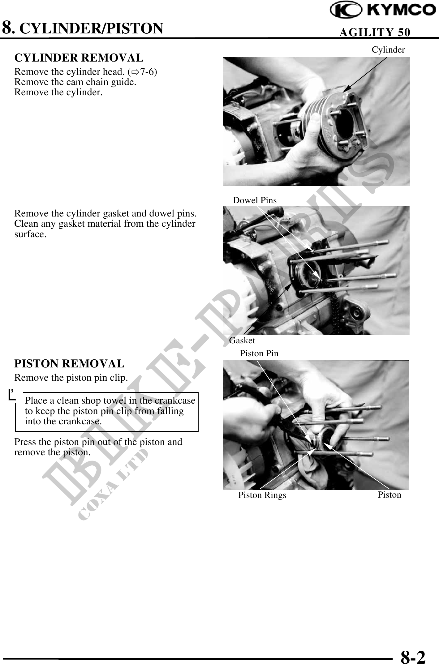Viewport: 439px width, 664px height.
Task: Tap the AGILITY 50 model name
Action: pyautogui.click(x=375, y=32)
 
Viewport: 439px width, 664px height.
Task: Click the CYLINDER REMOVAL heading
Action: pyautogui.click(x=79, y=58)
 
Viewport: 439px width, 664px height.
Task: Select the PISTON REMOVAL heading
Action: pyautogui.click(x=69, y=364)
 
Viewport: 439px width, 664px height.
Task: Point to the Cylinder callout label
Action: pyautogui.click(x=388, y=50)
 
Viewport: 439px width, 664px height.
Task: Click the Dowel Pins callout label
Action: pyautogui.click(x=255, y=200)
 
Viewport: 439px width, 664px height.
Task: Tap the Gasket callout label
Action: pyautogui.click(x=242, y=341)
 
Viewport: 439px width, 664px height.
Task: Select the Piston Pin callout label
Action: pyautogui.click(x=259, y=353)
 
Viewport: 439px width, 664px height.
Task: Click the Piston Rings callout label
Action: pyautogui.click(x=262, y=495)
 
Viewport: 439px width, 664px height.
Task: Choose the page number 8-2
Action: pyautogui.click(x=413, y=656)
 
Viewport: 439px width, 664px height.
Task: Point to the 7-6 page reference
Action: pyautogui.click(x=148, y=72)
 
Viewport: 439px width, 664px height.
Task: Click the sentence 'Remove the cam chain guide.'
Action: pyautogui.click(x=75, y=82)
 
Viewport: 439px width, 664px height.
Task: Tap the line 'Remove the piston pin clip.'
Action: pyautogui.click(x=71, y=378)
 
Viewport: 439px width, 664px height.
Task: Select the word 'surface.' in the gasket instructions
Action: pyautogui.click(x=30, y=234)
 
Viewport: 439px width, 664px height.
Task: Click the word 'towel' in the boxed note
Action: pyautogui.click(x=126, y=401)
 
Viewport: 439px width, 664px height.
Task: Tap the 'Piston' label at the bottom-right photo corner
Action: pyautogui.click(x=390, y=495)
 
